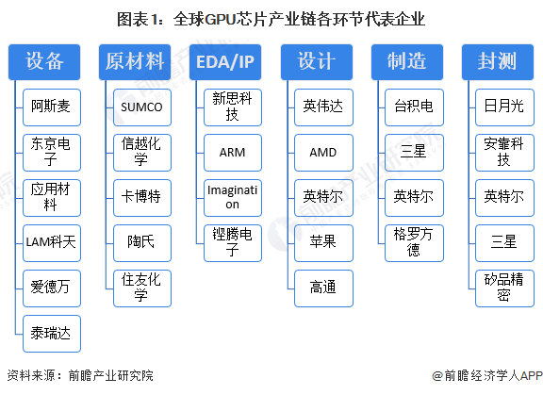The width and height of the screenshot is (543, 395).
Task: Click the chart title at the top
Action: pyautogui.click(x=271, y=19)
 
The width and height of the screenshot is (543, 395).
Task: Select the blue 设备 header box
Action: pyautogui.click(x=44, y=62)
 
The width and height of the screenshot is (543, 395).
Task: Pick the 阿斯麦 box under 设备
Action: pyautogui.click(x=52, y=107)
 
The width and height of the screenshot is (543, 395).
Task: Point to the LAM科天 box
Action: pyautogui.click(x=52, y=242)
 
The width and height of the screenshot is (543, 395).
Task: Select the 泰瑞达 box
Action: pyautogui.click(x=52, y=333)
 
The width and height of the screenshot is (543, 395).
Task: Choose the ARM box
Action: pyautogui.click(x=232, y=152)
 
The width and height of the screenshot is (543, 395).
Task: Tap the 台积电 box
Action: pyautogui.click(x=413, y=107)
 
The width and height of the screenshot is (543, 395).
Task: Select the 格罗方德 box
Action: pyautogui.click(x=413, y=242)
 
